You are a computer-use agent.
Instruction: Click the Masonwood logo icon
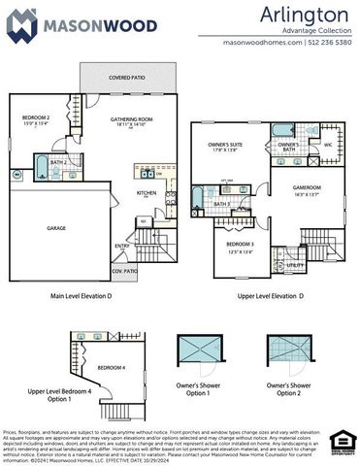coord(22,23)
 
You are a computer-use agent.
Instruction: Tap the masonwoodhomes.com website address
coord(262,43)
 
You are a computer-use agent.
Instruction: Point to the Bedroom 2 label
coord(37,118)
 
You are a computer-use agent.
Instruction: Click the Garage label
coord(56,229)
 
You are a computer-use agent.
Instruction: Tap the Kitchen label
coord(147,192)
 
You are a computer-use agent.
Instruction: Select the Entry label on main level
coord(149,246)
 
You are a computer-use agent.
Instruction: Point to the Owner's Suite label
coord(224,148)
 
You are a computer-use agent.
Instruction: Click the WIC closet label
coord(327,146)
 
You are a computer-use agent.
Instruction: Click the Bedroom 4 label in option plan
coord(111,367)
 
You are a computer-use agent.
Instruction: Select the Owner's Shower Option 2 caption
coord(289,388)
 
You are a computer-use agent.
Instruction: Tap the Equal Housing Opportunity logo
coord(339,442)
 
